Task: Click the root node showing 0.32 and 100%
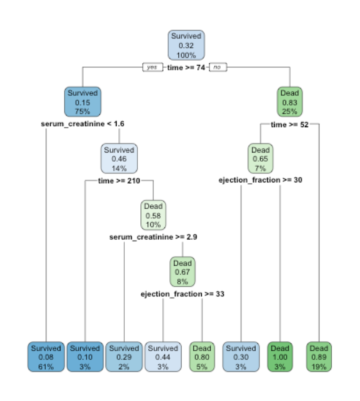click(186, 46)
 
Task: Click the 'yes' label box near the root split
click(152, 67)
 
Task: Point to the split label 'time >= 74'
click(186, 67)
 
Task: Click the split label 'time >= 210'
click(119, 181)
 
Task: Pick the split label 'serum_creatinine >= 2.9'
click(153, 237)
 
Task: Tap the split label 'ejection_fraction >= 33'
click(183, 294)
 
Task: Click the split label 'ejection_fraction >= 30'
click(260, 180)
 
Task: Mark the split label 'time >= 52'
click(289, 124)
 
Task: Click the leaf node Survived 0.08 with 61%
click(46, 357)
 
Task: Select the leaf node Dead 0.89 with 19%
click(319, 357)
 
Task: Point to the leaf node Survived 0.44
click(163, 357)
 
